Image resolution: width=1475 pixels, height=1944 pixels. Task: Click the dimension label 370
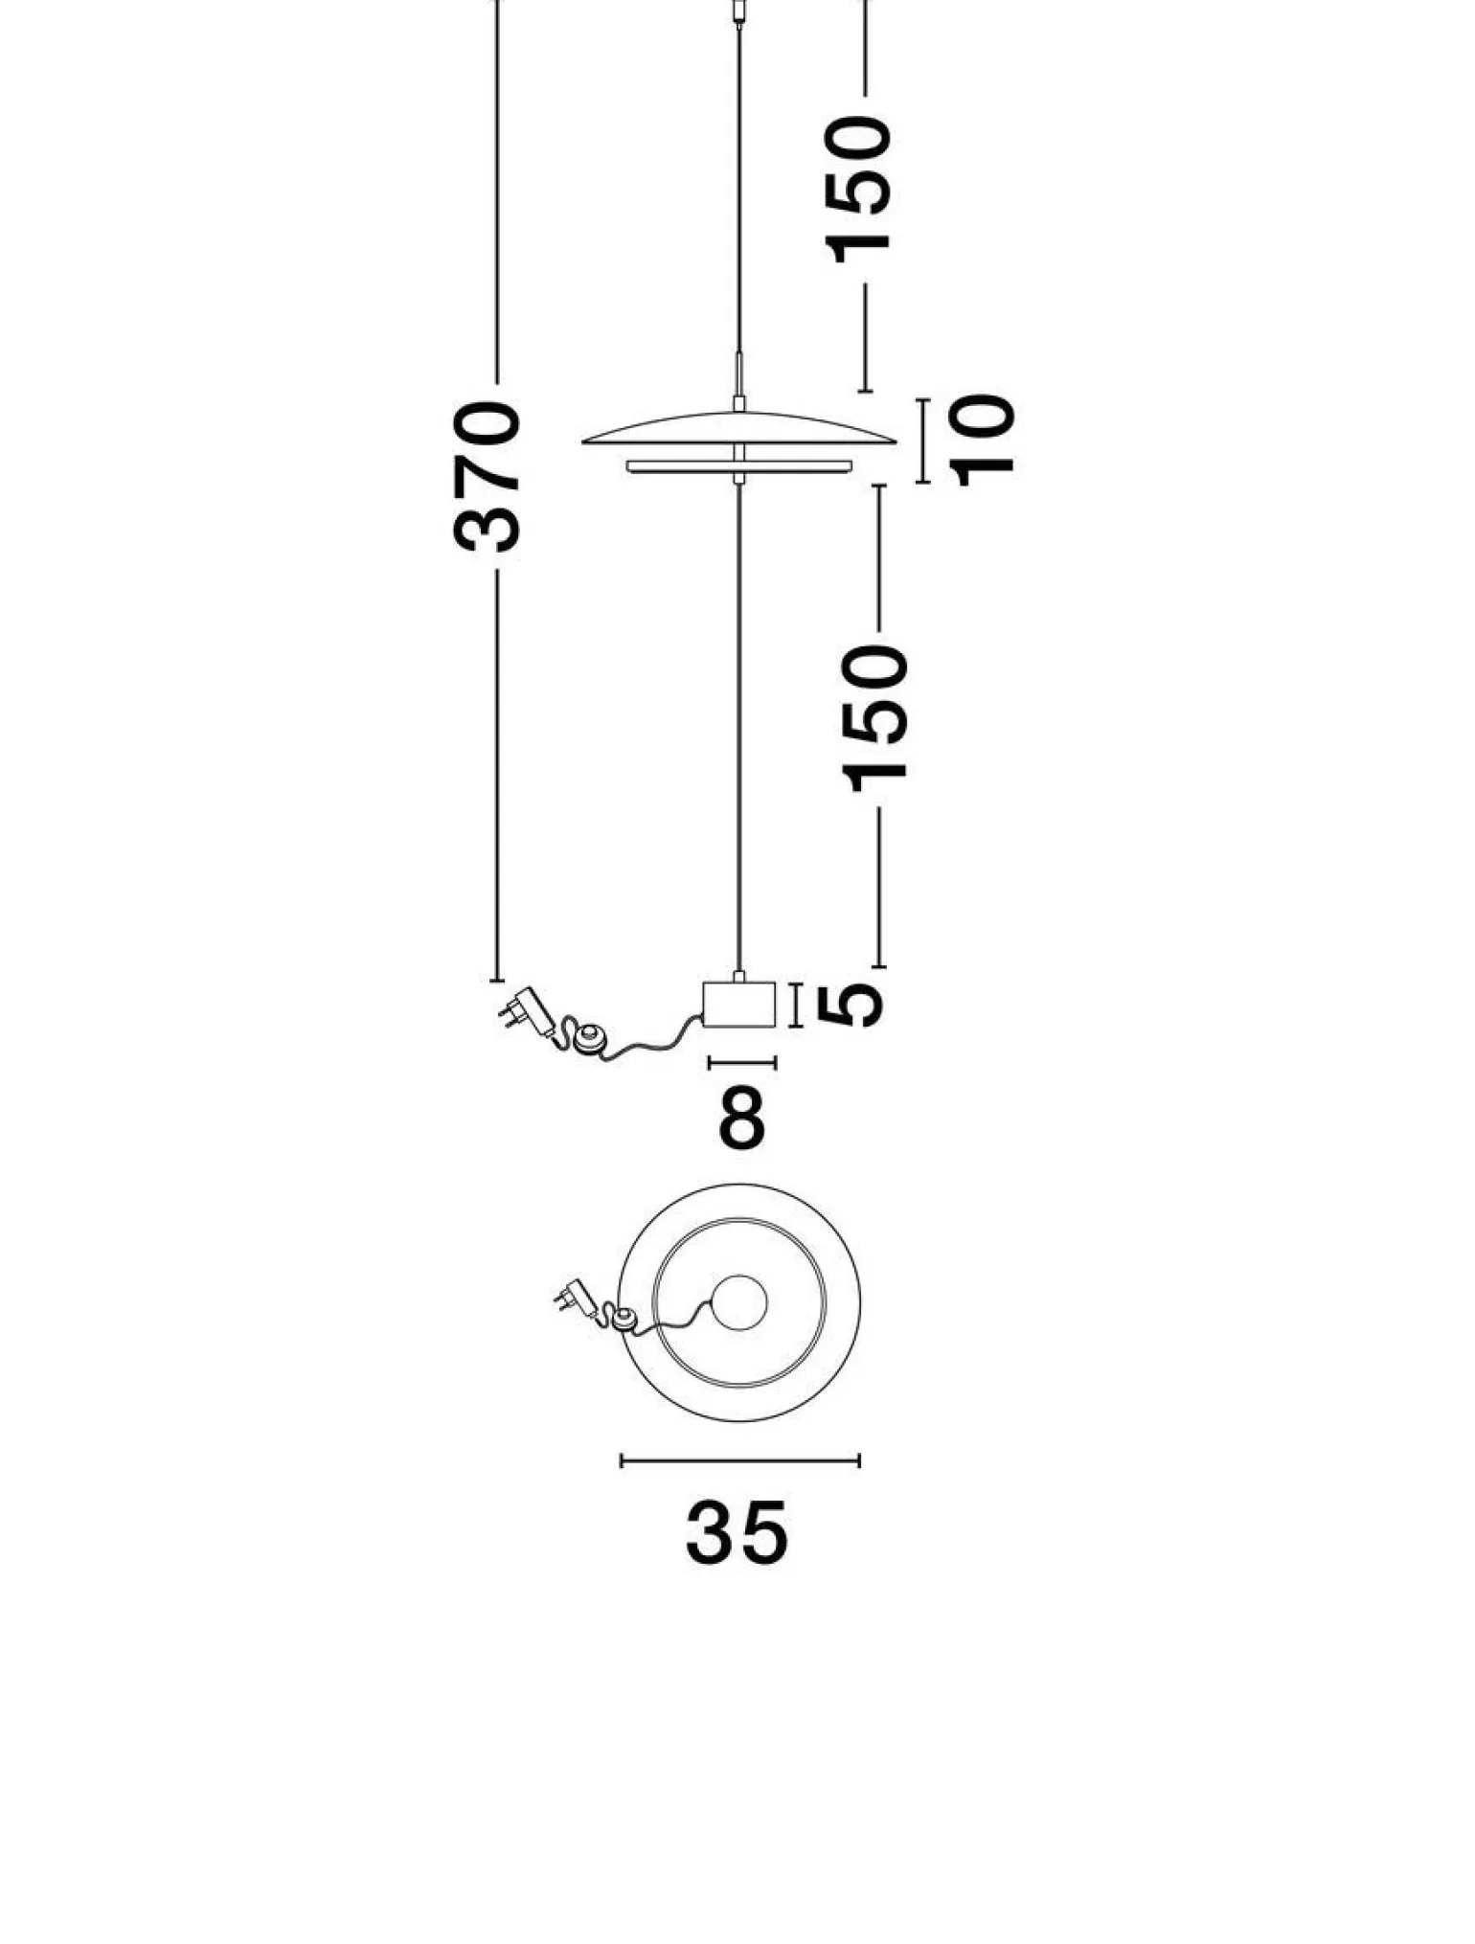(x=488, y=478)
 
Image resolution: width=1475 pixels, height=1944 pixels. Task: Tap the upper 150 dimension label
(x=859, y=189)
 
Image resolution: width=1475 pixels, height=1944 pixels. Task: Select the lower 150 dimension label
(x=873, y=719)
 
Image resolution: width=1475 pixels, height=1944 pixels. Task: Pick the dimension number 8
(x=742, y=1117)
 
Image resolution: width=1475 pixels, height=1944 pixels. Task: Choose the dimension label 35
(x=737, y=1533)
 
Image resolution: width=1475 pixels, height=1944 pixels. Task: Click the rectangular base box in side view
(x=738, y=1004)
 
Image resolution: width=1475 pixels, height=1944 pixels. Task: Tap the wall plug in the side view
(x=526, y=1011)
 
